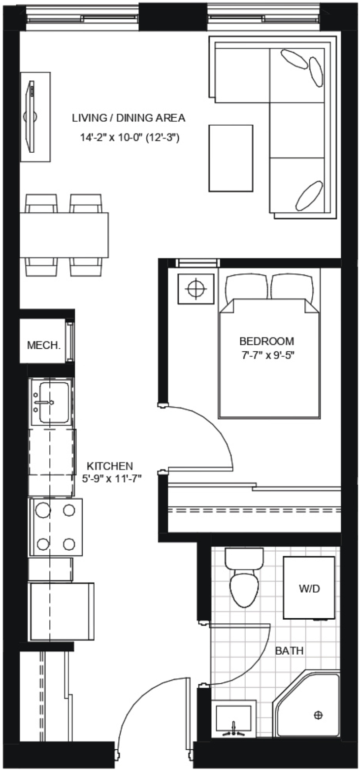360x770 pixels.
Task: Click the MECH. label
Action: click(43, 345)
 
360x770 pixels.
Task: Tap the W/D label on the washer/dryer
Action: click(309, 589)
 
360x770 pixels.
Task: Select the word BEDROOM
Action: click(266, 341)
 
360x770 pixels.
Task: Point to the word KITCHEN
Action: click(110, 466)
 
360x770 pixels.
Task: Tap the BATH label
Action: click(289, 651)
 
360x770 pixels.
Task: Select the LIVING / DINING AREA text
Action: click(129, 118)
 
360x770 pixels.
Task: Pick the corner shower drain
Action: click(318, 714)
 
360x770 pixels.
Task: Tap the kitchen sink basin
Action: click(51, 402)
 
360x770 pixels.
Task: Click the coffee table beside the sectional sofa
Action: click(231, 158)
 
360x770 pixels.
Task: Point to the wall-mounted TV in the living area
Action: click(32, 117)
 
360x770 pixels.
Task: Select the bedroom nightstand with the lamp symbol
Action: click(196, 289)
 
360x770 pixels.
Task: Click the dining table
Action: click(64, 235)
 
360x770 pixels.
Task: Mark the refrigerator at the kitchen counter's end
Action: click(62, 611)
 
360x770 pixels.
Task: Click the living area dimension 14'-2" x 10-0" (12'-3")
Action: click(129, 138)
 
